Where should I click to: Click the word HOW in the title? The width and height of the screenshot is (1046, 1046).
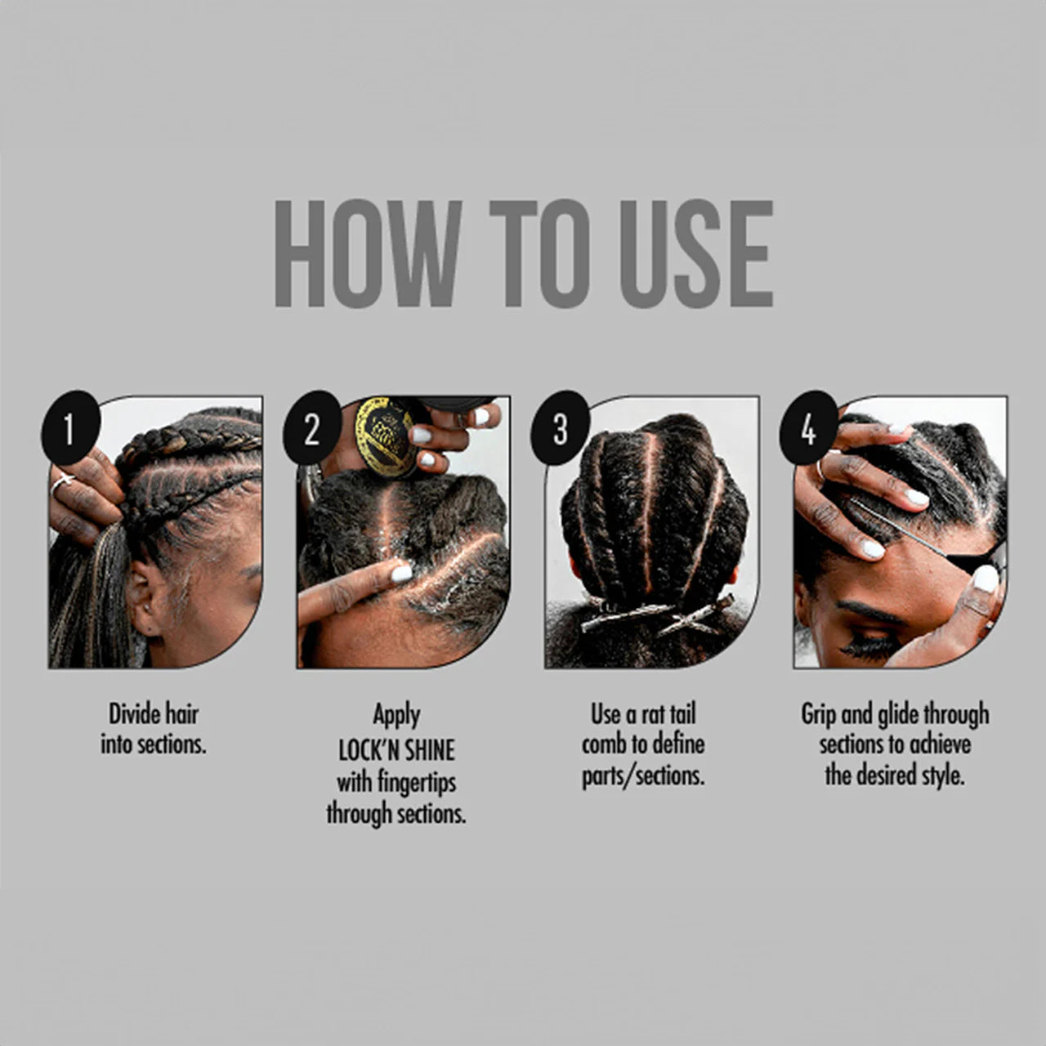(x=369, y=253)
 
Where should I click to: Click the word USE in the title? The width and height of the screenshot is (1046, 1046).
(x=696, y=253)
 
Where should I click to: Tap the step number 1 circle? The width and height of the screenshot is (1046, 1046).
(x=70, y=427)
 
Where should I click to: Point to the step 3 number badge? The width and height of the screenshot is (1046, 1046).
(x=561, y=427)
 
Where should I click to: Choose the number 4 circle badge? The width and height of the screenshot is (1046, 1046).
(x=809, y=427)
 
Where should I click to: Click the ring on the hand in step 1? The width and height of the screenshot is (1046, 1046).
(x=60, y=483)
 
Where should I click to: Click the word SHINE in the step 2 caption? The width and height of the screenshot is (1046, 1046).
(x=429, y=751)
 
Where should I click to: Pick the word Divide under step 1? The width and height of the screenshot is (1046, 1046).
(x=132, y=713)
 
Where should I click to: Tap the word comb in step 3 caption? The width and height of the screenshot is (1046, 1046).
(x=601, y=744)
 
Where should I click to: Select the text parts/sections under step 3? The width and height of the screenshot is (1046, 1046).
(x=643, y=776)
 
